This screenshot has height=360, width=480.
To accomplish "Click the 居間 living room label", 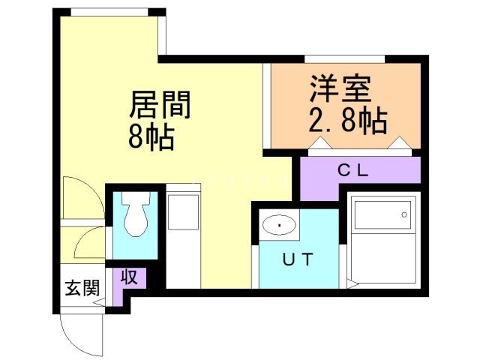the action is click(x=160, y=105).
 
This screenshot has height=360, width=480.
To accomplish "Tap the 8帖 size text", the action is click(x=151, y=137).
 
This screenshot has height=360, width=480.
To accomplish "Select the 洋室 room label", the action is click(x=340, y=88).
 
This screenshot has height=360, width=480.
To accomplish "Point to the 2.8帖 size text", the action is click(x=348, y=120).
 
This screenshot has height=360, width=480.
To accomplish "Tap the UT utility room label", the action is click(x=298, y=259).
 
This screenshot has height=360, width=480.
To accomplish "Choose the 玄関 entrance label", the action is click(x=82, y=288).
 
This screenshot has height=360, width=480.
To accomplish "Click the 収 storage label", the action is click(x=129, y=277).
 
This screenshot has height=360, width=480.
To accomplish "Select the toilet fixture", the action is click(x=136, y=214).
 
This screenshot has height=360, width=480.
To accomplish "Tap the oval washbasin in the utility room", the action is click(x=279, y=225).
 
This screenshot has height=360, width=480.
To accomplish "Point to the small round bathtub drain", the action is click(x=404, y=214).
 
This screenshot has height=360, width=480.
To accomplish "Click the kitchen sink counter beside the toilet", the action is click(x=183, y=235).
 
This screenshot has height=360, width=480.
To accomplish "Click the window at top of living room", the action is click(x=109, y=12).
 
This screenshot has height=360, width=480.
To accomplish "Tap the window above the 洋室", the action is click(x=345, y=58).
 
